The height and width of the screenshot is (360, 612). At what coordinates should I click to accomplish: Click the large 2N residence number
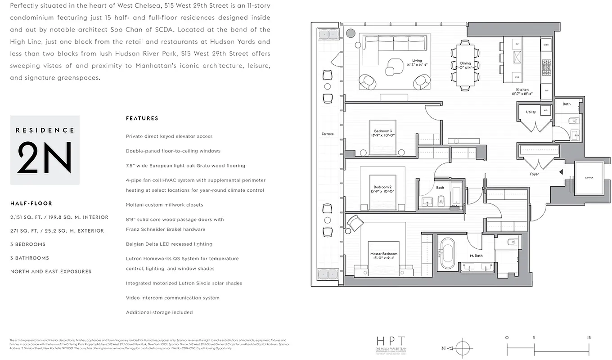point(45,158)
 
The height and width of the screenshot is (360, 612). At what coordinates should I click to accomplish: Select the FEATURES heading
point(142,118)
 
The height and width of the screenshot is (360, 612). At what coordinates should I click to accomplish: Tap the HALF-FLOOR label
point(31,203)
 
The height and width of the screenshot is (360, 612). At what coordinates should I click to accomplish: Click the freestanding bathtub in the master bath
point(447,253)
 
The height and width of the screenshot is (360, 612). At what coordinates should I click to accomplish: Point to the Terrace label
point(328,134)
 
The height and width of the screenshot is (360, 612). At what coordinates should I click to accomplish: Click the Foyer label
point(534,174)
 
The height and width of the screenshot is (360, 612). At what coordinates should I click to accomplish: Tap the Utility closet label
point(531,112)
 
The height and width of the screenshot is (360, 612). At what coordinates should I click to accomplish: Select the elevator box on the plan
point(589,178)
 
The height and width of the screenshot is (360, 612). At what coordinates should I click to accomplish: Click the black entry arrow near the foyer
point(561,172)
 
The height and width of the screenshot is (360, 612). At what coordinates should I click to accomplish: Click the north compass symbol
point(462,348)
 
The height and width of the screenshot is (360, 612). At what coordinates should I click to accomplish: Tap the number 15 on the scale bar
point(589,337)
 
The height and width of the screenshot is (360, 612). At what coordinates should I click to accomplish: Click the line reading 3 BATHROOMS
point(30,258)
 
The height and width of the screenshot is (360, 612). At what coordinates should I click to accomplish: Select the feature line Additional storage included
point(159,312)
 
